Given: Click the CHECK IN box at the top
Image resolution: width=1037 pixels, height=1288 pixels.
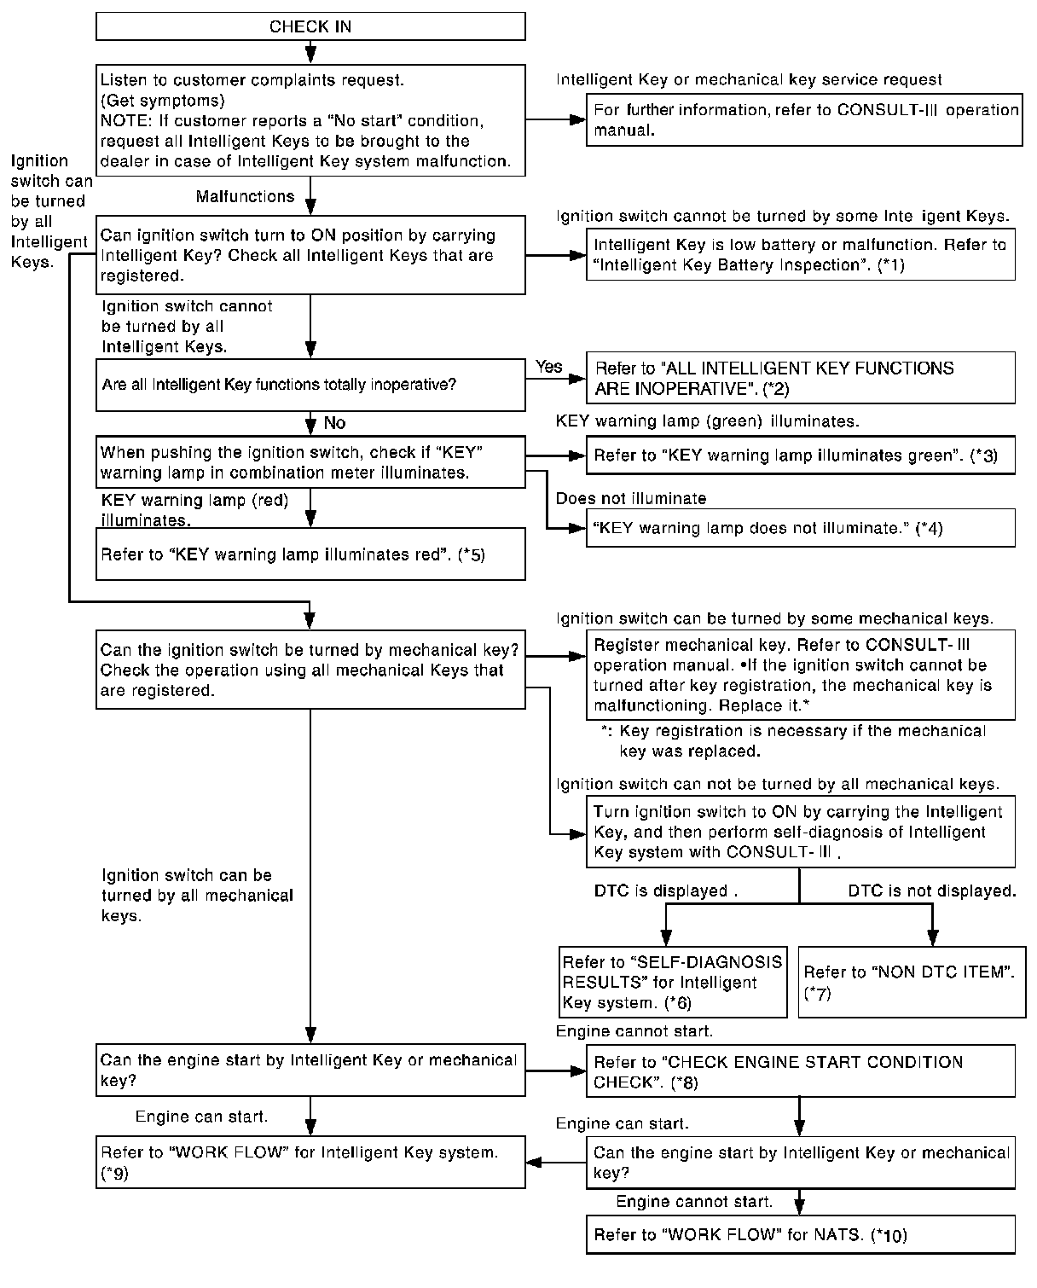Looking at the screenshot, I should click(310, 26).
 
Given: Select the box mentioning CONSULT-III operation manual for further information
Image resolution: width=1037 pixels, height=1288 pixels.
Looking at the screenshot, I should click(803, 120).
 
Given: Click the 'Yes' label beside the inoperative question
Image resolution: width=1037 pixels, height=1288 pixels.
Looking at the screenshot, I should click(549, 367).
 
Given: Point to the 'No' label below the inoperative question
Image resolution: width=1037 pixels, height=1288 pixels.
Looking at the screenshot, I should click(335, 423).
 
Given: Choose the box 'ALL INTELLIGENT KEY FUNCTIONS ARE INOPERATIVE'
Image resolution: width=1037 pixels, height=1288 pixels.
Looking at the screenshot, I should click(800, 378).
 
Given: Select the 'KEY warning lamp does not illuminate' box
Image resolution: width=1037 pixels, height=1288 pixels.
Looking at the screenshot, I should click(800, 528).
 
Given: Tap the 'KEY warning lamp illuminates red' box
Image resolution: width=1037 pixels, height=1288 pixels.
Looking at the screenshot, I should click(310, 554).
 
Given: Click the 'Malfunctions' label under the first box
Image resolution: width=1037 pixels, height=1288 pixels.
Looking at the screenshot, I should click(245, 197).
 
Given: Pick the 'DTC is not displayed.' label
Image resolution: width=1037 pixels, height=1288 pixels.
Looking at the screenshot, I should click(931, 891).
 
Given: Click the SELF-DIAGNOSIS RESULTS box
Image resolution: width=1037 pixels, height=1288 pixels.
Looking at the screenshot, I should click(673, 982).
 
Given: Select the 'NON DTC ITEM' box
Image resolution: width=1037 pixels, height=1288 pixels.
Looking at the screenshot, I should click(912, 982).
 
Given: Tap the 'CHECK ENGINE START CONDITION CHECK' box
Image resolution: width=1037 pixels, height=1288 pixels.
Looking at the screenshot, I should click(800, 1071).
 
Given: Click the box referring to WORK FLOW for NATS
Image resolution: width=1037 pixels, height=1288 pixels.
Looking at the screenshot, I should click(800, 1234).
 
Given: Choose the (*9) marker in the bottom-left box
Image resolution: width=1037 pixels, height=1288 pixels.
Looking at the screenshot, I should click(114, 1173).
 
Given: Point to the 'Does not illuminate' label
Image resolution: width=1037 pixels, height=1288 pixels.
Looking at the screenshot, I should click(631, 499).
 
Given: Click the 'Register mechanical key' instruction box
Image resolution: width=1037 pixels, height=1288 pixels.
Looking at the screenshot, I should click(800, 675).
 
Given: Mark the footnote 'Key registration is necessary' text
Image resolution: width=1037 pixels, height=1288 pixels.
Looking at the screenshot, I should click(793, 741).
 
